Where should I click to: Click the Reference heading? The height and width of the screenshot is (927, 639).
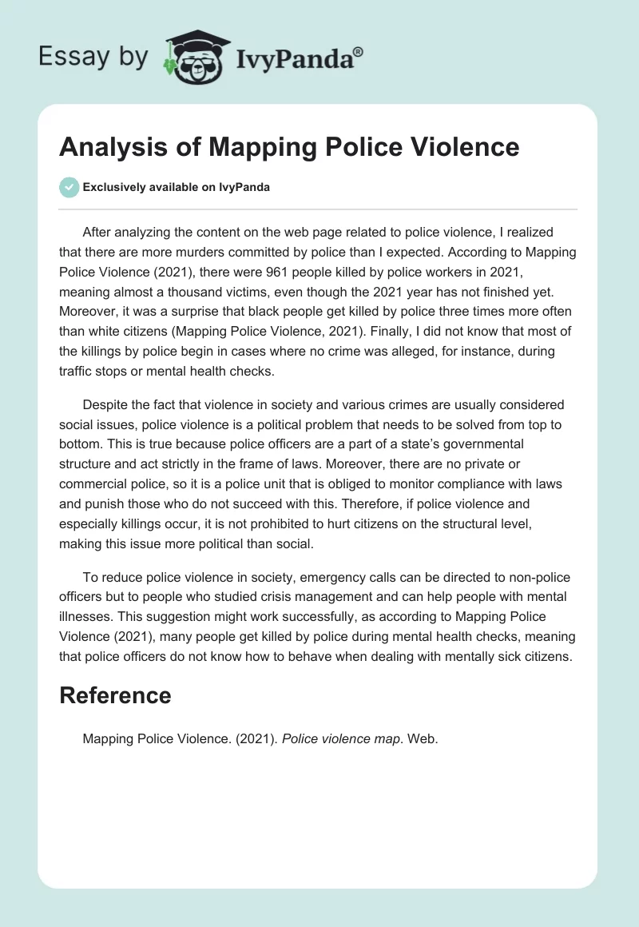(115, 695)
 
